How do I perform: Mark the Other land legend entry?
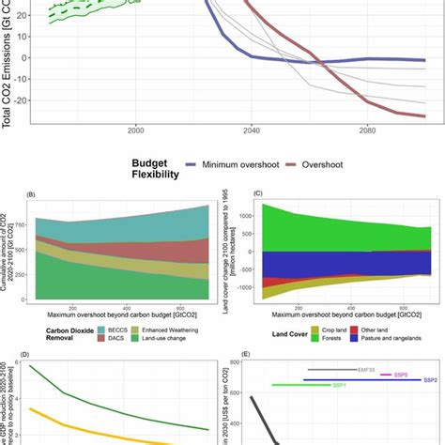click(382, 330)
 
